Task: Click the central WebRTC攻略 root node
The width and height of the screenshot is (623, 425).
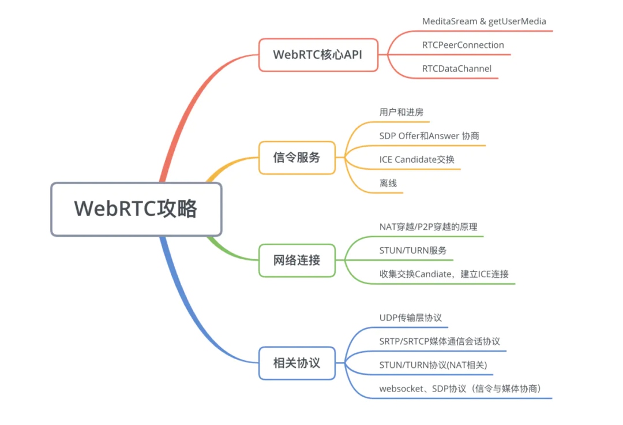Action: [x=136, y=209]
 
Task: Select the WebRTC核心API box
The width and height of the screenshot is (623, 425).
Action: [x=318, y=55]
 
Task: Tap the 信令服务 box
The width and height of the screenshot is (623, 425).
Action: [x=297, y=157]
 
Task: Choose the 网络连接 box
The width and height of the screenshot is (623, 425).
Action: [x=297, y=260]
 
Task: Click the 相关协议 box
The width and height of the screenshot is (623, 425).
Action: [x=297, y=363]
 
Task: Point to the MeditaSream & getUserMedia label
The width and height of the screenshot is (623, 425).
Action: [x=483, y=21]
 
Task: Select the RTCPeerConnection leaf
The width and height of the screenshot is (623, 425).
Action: [x=463, y=45]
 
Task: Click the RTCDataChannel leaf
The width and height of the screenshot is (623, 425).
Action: [x=456, y=69]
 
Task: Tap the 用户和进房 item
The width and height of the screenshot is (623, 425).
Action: [x=401, y=112]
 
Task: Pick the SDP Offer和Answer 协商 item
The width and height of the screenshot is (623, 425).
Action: [x=429, y=136]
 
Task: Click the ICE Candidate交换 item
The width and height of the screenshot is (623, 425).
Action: [x=416, y=159]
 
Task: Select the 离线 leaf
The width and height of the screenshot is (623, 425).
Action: [x=388, y=183]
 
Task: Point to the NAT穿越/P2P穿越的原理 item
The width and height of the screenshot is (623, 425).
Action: [x=428, y=227]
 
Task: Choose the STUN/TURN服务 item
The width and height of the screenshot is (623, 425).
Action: [x=412, y=251]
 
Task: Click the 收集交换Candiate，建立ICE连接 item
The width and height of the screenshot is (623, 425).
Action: [x=444, y=274]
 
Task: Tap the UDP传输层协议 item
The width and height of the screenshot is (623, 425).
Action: [x=410, y=318]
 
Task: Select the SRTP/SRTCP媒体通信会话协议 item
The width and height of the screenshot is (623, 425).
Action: [x=440, y=341]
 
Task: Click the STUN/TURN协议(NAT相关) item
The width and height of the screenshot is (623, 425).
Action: [x=433, y=365]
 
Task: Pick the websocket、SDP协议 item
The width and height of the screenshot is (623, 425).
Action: [x=459, y=389]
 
